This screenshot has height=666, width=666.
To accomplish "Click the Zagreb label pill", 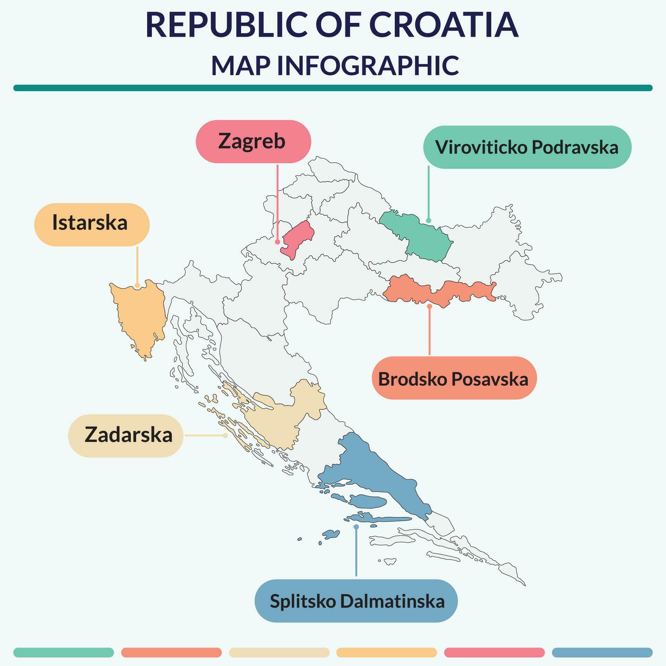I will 253,142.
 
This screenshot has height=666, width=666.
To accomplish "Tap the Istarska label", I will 92,224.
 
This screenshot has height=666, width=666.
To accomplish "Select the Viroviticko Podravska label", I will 527,147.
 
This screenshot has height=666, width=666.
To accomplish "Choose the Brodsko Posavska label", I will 454,378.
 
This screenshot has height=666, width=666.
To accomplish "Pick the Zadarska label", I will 126,435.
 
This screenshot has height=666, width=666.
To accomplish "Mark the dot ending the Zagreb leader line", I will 277,242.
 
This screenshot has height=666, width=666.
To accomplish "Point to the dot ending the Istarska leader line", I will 137,285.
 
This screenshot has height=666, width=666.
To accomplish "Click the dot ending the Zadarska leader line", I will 225,435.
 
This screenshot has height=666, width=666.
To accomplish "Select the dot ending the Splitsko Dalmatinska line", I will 356,527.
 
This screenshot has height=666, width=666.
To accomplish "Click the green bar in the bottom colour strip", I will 63,652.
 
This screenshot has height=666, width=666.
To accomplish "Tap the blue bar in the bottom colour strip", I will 602,652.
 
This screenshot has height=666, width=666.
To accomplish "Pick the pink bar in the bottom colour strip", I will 494,652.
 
